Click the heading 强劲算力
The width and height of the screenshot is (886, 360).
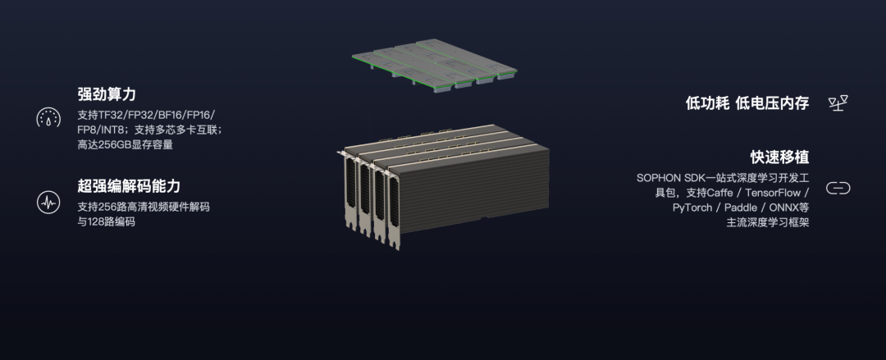[106, 93]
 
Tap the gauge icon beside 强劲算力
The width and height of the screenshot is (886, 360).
[48, 117]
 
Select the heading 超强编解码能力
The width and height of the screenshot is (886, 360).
[129, 186]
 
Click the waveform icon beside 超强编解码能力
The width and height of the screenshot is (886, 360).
[48, 202]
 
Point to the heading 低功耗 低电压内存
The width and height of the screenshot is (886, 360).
[747, 103]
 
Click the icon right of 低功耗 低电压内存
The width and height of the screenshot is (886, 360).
[838, 103]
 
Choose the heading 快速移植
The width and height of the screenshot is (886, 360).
[780, 157]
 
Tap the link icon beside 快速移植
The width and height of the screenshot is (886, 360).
[838, 188]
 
